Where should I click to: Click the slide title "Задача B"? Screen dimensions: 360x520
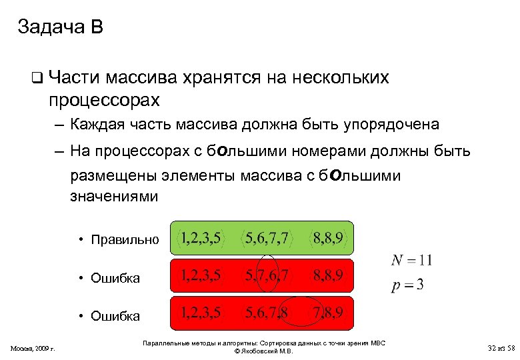coord(60,27)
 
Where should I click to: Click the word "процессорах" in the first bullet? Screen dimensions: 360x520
coord(104,100)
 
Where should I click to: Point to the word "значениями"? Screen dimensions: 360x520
coord(114,197)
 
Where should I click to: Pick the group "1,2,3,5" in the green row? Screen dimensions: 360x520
coord(202,238)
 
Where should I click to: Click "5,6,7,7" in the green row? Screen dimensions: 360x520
coord(267,238)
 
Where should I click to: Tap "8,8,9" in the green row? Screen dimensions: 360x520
coord(331,238)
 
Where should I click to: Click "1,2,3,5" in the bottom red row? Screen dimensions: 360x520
coord(202,313)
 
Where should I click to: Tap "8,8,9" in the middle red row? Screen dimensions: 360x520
coord(331,275)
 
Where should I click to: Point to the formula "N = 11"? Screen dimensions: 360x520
coord(411,260)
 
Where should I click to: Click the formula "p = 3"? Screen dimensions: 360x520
coord(407,285)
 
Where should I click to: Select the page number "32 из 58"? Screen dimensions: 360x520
coord(501,348)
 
